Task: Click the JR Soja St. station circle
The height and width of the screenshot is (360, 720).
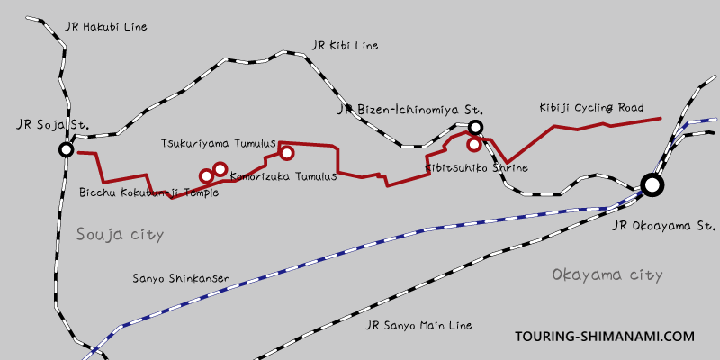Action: tap(65, 149)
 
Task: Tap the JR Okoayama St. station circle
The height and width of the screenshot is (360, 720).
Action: tap(652, 185)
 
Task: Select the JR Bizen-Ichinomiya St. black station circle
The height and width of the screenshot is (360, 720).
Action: tap(476, 128)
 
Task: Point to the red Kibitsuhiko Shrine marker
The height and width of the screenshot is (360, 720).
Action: tap(473, 144)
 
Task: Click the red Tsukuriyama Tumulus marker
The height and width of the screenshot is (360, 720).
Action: tap(287, 153)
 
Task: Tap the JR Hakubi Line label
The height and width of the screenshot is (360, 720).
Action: tap(105, 27)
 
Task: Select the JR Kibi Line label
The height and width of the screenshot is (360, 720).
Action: tap(345, 45)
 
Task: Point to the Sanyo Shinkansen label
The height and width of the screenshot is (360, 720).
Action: tap(181, 279)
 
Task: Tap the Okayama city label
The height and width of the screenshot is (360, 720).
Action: tap(607, 274)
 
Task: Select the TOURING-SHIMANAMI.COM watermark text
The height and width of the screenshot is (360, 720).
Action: tap(605, 337)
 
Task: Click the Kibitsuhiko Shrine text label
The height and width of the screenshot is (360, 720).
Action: tap(476, 168)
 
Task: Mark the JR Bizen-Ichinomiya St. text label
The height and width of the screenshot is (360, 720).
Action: tap(398, 110)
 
